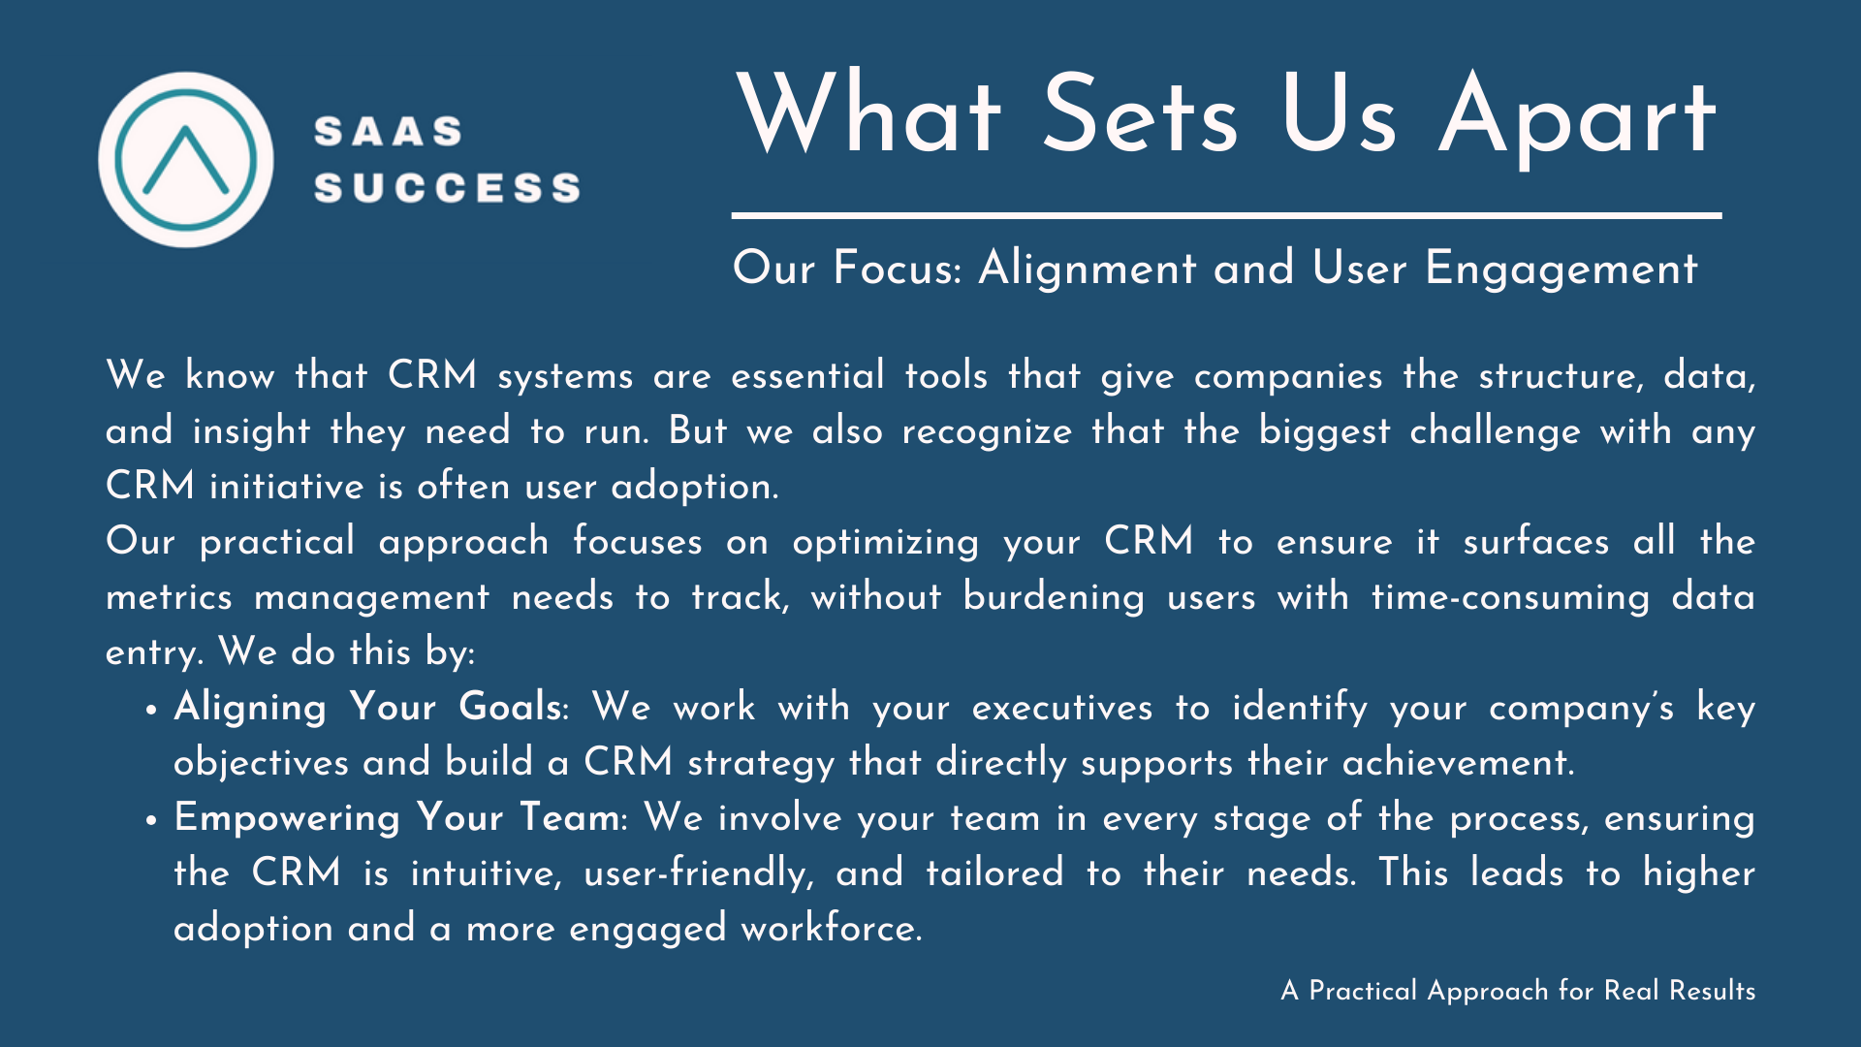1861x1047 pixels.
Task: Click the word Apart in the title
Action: [x=1578, y=116]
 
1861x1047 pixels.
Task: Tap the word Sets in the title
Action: [x=1141, y=113]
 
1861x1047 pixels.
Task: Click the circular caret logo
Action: [x=186, y=160]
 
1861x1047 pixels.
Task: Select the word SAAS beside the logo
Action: [x=389, y=132]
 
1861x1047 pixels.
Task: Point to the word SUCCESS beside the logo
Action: [x=447, y=187]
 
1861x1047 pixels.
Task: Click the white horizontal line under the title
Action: [x=1226, y=215]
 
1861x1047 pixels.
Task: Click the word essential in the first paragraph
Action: [x=807, y=375]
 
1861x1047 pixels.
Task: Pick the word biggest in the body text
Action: [x=1324, y=431]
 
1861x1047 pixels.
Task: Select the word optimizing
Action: [x=886, y=542]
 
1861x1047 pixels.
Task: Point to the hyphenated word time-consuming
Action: [x=1510, y=597]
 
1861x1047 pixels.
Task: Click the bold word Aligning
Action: [x=250, y=708]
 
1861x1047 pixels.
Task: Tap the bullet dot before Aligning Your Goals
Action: [x=151, y=710]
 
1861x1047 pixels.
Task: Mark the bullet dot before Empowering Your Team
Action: [x=151, y=820]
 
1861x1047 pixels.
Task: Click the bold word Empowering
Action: [x=286, y=818]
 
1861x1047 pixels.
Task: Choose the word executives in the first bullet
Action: [x=1062, y=708]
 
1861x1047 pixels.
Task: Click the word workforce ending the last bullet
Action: [x=832, y=929]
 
